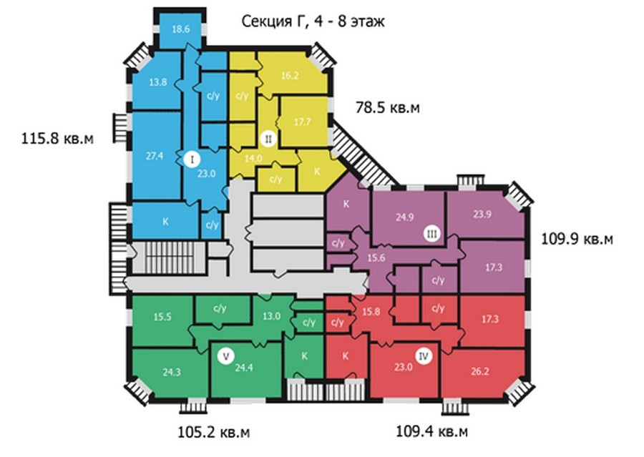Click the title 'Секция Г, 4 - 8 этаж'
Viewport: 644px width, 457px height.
(x=313, y=21)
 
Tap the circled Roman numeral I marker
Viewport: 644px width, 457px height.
(x=192, y=159)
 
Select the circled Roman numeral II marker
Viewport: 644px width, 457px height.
(x=268, y=139)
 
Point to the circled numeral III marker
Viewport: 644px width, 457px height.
(x=431, y=234)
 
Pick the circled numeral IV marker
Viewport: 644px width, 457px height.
(x=424, y=356)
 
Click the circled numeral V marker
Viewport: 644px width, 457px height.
(x=226, y=355)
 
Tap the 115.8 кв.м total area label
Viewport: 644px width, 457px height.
(x=57, y=138)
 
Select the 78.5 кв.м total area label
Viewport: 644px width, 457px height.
(x=388, y=107)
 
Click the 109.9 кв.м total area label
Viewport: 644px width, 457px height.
(x=577, y=239)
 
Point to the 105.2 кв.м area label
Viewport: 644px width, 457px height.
(x=213, y=432)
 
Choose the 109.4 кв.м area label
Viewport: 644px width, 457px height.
(x=431, y=431)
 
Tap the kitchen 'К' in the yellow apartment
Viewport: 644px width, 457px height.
(x=317, y=172)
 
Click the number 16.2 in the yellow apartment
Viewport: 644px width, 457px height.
(x=290, y=76)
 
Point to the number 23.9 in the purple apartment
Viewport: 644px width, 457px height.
(x=482, y=214)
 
